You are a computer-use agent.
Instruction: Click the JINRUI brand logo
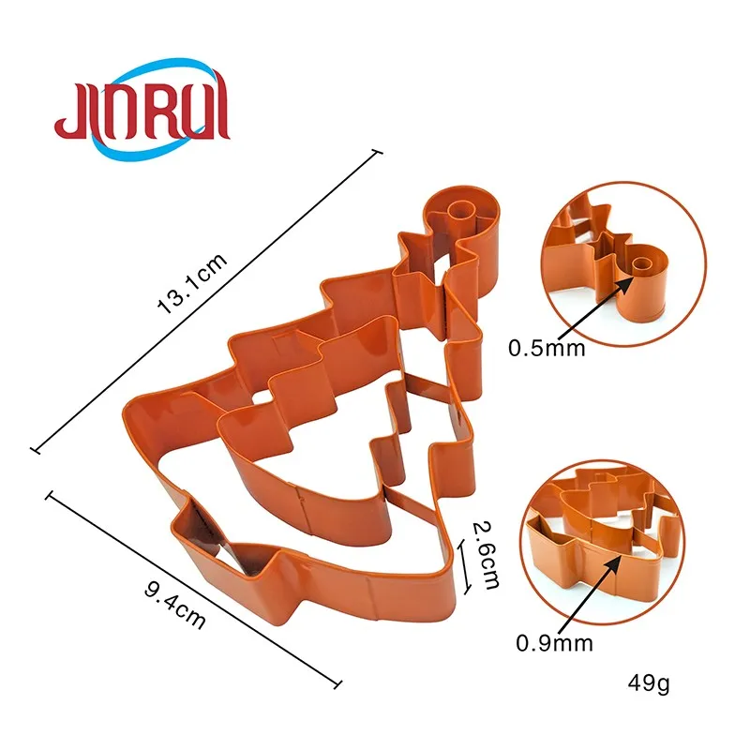(x=142, y=109)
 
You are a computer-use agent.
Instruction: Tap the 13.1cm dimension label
(x=191, y=284)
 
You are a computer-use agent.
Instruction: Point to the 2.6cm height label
(x=486, y=555)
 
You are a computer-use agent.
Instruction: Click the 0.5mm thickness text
(x=547, y=348)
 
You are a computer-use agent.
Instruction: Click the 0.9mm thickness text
(x=554, y=643)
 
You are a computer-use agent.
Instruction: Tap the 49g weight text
(x=648, y=684)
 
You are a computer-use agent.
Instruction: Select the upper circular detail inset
(x=623, y=264)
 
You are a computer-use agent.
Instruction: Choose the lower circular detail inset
(x=602, y=543)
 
